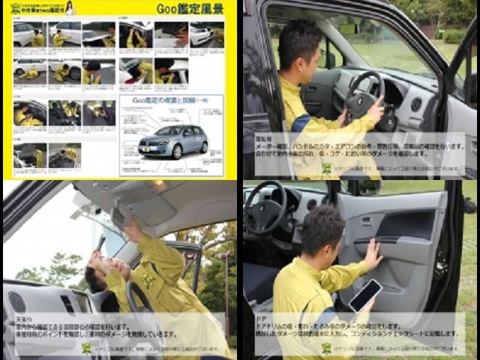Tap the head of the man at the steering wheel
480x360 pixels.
tap(299, 46)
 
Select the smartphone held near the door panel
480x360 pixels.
tap(364, 295)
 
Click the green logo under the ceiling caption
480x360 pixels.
tap(87, 348)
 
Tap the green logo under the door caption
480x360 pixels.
tap(327, 348)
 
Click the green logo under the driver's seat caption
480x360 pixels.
tap(327, 168)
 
